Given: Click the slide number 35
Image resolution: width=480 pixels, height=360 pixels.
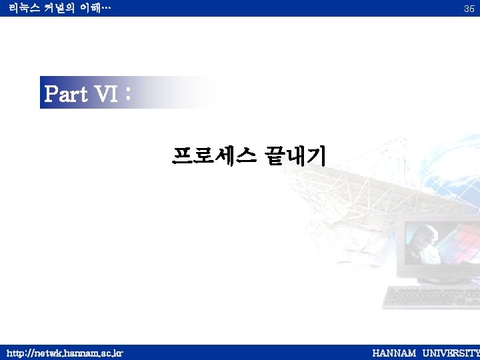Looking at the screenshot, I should tap(469, 9).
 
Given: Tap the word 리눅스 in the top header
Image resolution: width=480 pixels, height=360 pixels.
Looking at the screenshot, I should tap(22, 8).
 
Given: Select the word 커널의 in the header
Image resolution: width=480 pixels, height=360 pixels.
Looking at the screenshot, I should tap(58, 8).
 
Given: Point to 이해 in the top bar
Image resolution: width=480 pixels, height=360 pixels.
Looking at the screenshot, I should tap(88, 8).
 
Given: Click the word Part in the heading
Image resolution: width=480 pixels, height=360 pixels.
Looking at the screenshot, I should tap(66, 95).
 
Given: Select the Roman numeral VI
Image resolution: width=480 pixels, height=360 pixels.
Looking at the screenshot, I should tap(106, 95).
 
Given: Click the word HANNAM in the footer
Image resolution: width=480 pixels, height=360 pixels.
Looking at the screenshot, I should tap(394, 353).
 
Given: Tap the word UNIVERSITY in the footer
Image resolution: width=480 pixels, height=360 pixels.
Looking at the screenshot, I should tap(451, 353).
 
